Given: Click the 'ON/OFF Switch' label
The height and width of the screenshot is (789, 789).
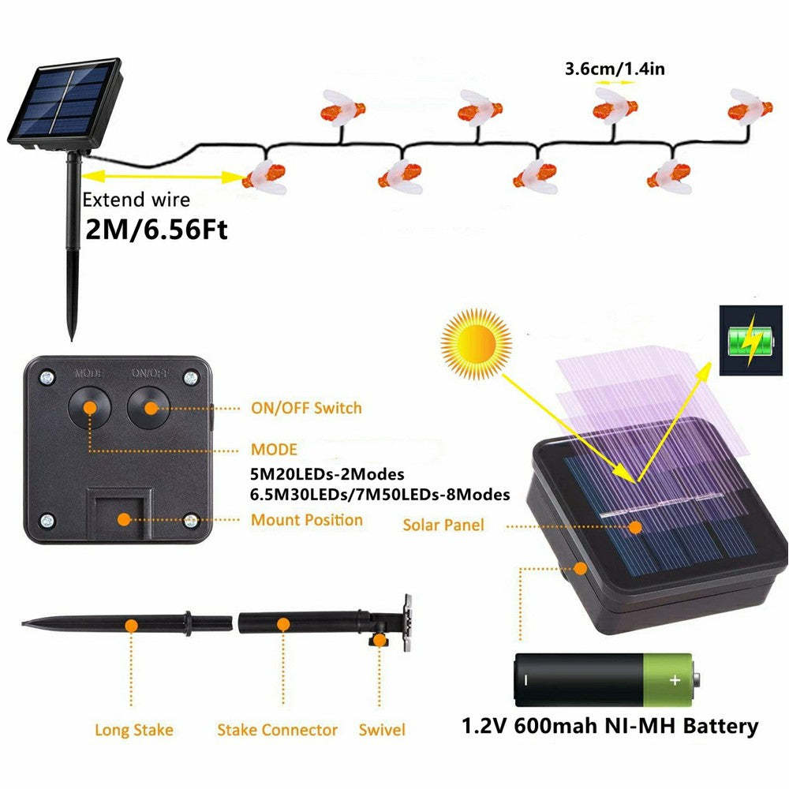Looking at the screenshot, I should tap(305, 408).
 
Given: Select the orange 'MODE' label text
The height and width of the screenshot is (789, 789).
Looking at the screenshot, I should tap(274, 450).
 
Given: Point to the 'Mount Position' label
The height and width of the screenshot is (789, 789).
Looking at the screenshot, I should tap(307, 520).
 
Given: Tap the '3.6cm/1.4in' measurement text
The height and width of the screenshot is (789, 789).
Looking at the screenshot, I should tap(615, 69).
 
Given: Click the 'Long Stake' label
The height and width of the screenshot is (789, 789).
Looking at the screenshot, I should tap(133, 731).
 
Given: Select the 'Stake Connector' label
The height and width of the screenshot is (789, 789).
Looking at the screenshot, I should tap(277, 731).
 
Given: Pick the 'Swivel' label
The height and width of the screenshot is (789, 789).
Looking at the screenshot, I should tap(382, 731).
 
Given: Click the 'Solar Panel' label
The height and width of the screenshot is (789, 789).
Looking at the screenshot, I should tap(443, 525).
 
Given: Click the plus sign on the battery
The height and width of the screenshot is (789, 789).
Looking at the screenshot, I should tap(674, 679).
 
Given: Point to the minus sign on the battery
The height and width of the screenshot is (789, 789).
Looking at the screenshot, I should tap(526, 679).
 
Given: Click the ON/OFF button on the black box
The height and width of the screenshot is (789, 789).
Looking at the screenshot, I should tap(148, 406).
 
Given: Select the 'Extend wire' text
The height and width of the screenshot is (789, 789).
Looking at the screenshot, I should tap(136, 200).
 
